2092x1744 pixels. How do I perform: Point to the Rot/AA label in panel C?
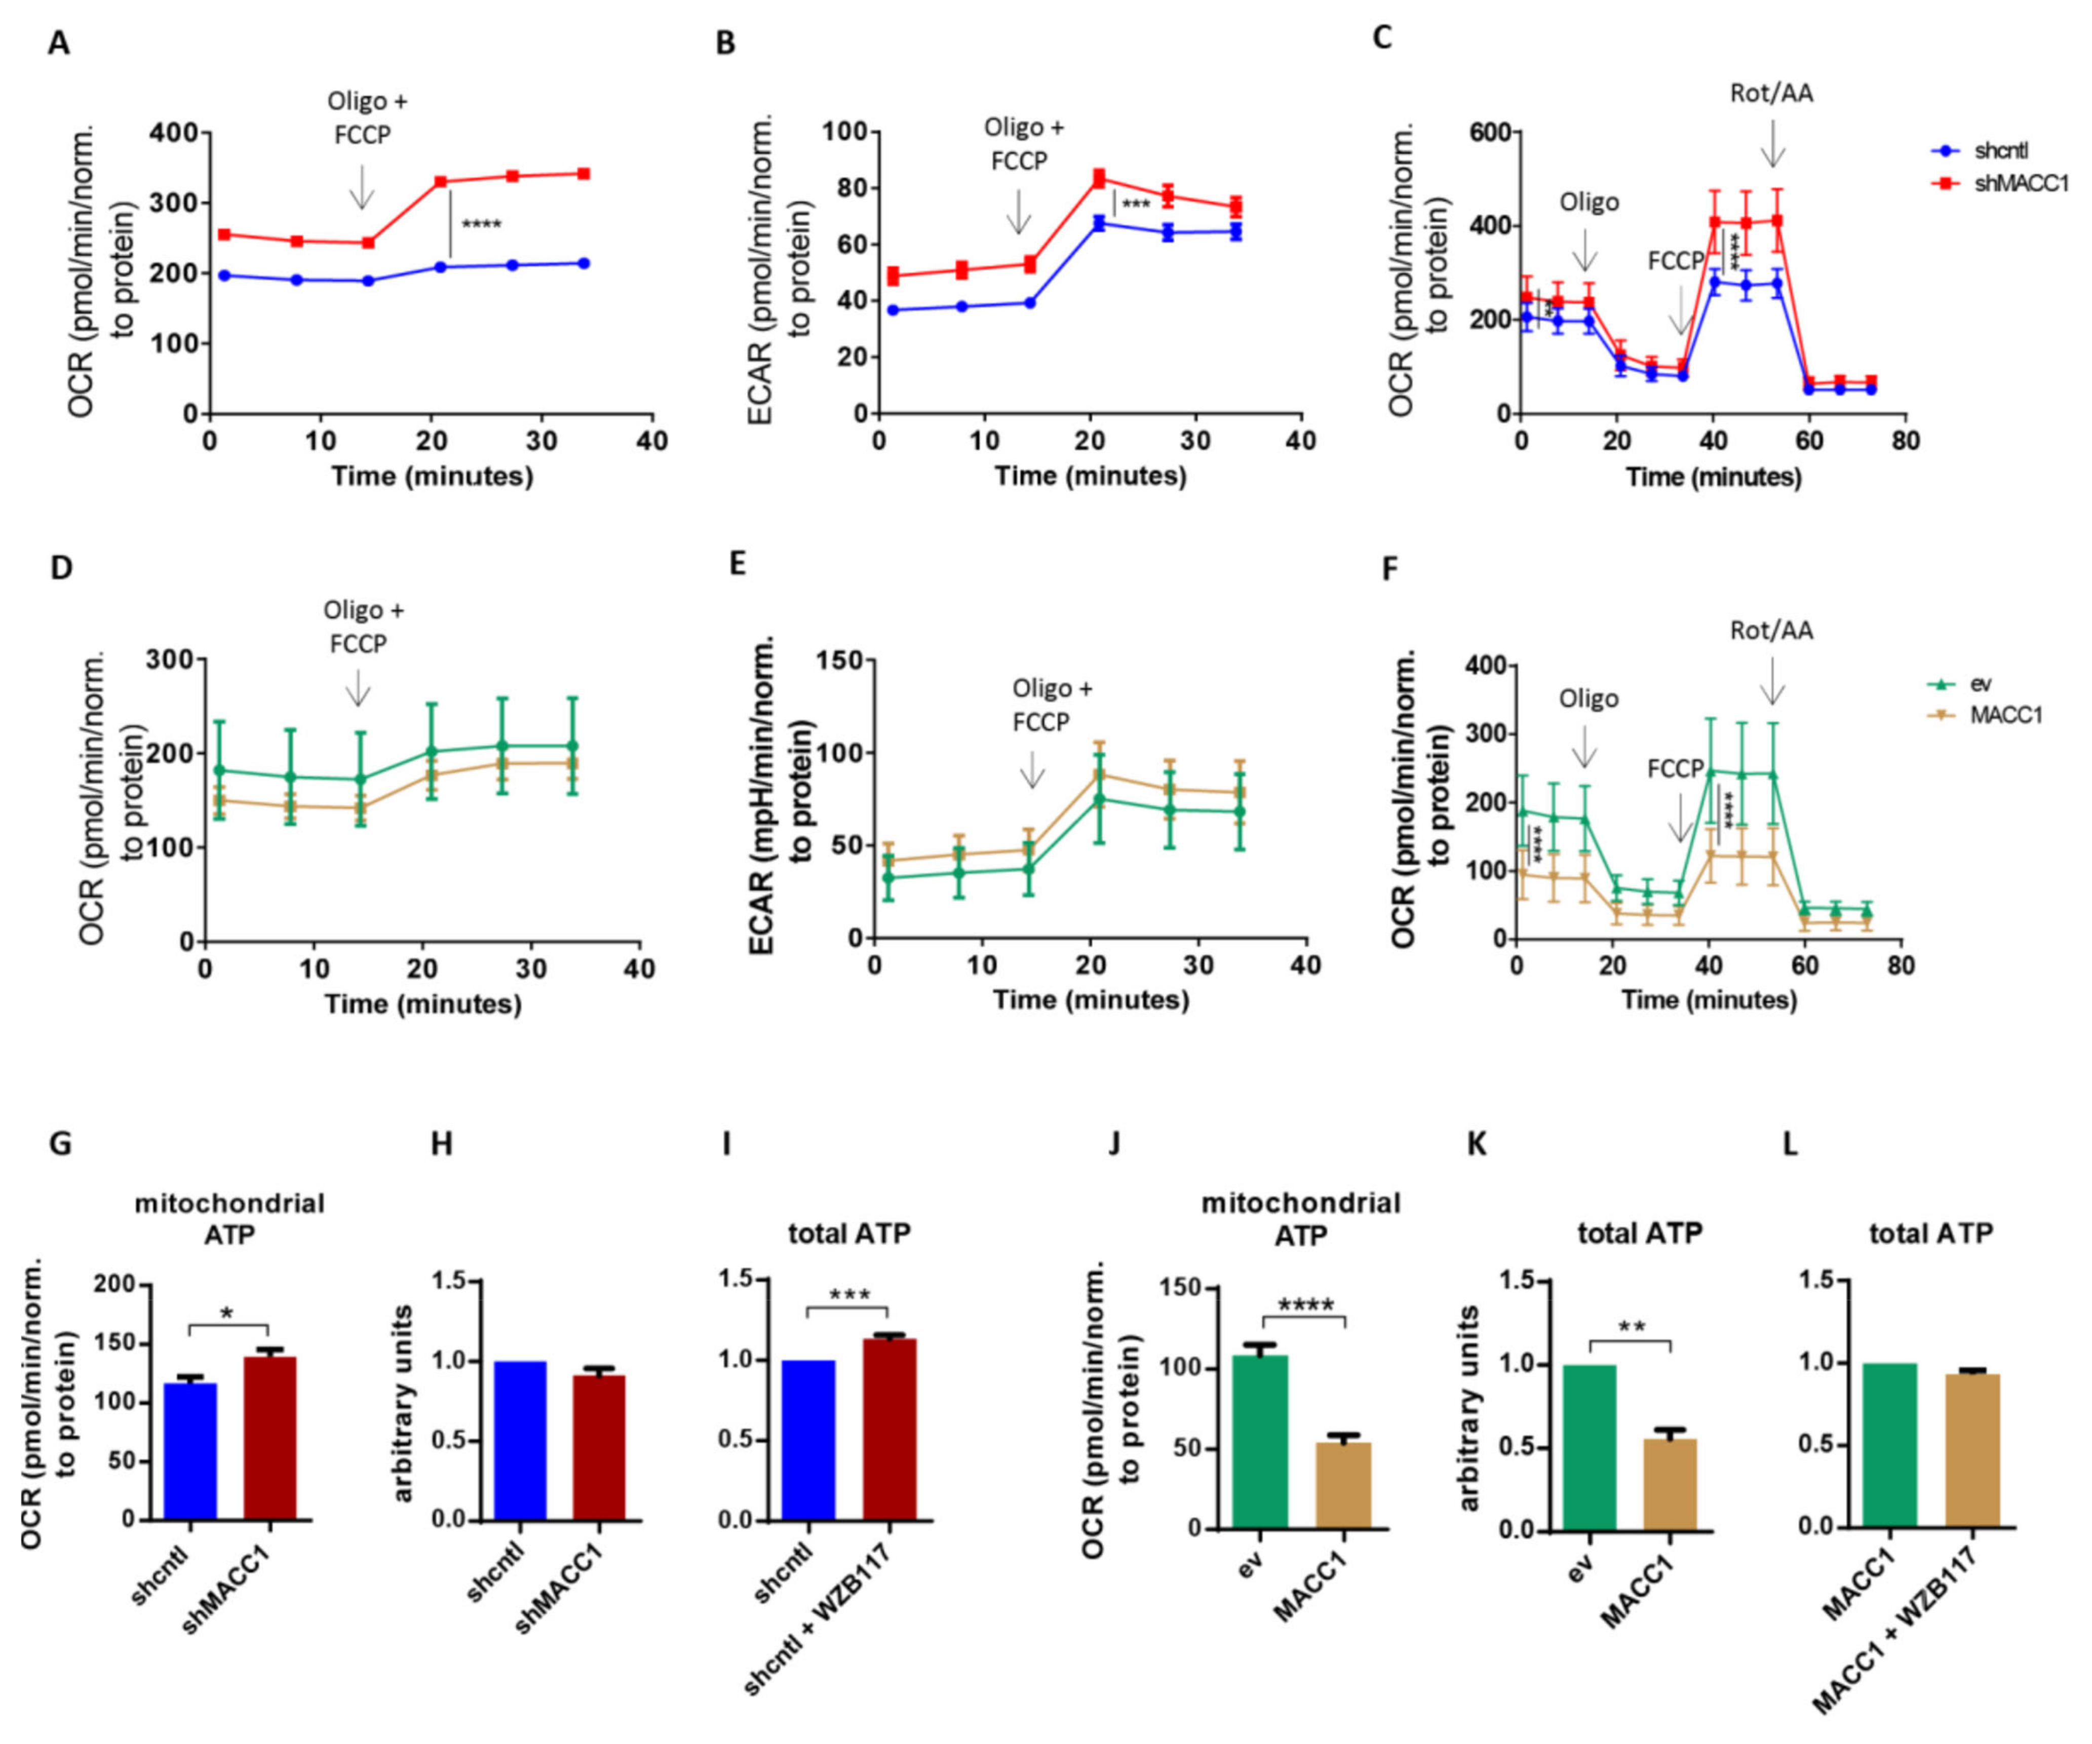point(1771,94)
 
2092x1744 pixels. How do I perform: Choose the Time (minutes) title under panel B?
point(1091,476)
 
